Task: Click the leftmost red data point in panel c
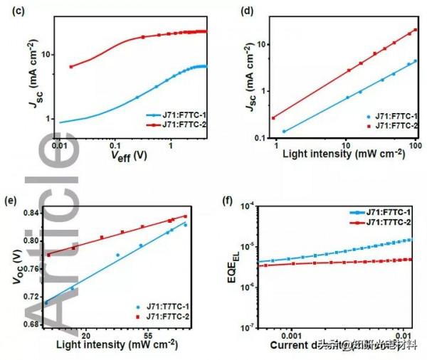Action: coord(70,66)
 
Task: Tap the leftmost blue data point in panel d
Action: coord(284,132)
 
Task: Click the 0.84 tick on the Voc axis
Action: coord(30,213)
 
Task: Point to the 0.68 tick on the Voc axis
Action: coord(30,324)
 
